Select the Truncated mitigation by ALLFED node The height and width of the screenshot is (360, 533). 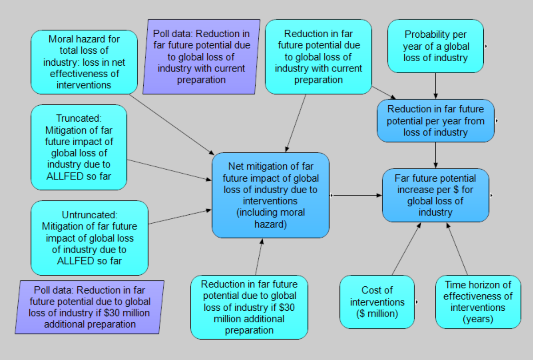(79, 147)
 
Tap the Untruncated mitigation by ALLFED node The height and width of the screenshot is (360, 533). (89, 238)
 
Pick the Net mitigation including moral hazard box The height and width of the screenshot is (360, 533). (270, 195)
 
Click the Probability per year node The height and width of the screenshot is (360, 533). (435, 46)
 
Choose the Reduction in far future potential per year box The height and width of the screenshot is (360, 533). (435, 121)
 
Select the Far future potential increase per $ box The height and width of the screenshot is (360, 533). (435, 195)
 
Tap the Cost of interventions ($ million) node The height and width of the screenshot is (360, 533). (377, 302)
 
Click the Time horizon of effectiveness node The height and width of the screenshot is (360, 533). (478, 302)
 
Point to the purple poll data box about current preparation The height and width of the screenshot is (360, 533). (201, 57)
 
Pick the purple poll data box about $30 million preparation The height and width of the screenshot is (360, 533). (89, 307)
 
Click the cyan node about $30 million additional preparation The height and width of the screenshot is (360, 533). (249, 307)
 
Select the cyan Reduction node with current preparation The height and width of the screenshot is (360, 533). (318, 57)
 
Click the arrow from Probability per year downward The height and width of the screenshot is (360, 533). (436, 86)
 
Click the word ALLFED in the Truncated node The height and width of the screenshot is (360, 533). (79, 176)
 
